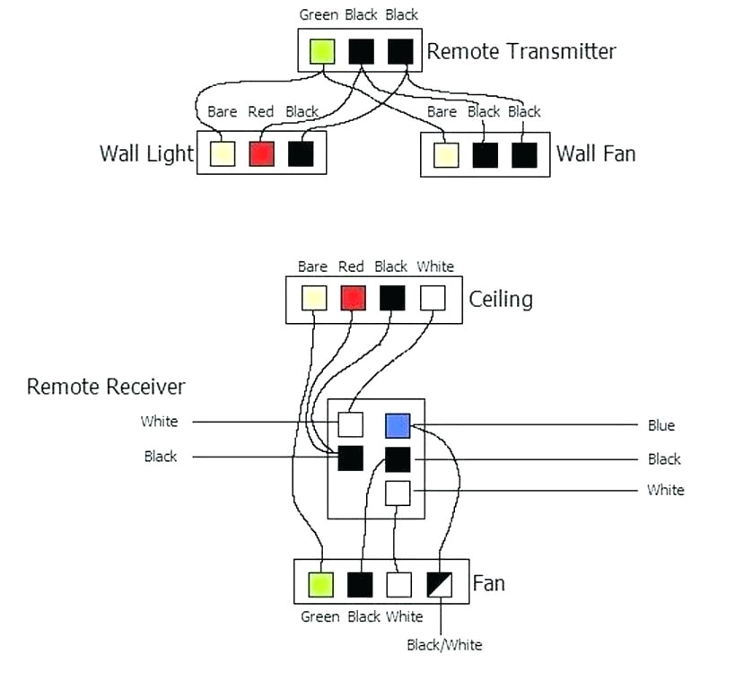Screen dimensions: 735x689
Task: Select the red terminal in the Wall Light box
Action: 261,153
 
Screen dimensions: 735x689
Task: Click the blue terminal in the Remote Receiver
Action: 398,425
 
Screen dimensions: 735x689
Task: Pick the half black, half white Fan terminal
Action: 439,585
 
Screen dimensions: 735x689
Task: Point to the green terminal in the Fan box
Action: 320,585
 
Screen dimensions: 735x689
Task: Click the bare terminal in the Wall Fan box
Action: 445,154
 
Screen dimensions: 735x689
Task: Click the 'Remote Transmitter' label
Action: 521,51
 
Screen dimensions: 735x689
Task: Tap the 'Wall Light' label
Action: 146,153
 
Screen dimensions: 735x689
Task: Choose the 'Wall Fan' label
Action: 596,153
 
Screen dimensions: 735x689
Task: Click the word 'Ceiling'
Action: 501,299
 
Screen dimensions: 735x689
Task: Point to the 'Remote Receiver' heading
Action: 106,387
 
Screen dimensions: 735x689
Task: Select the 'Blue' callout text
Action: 661,425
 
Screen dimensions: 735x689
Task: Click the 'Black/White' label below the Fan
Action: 444,644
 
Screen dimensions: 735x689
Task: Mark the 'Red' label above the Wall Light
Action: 260,112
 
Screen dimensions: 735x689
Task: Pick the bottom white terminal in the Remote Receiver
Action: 398,493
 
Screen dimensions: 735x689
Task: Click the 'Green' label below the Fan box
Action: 319,616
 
